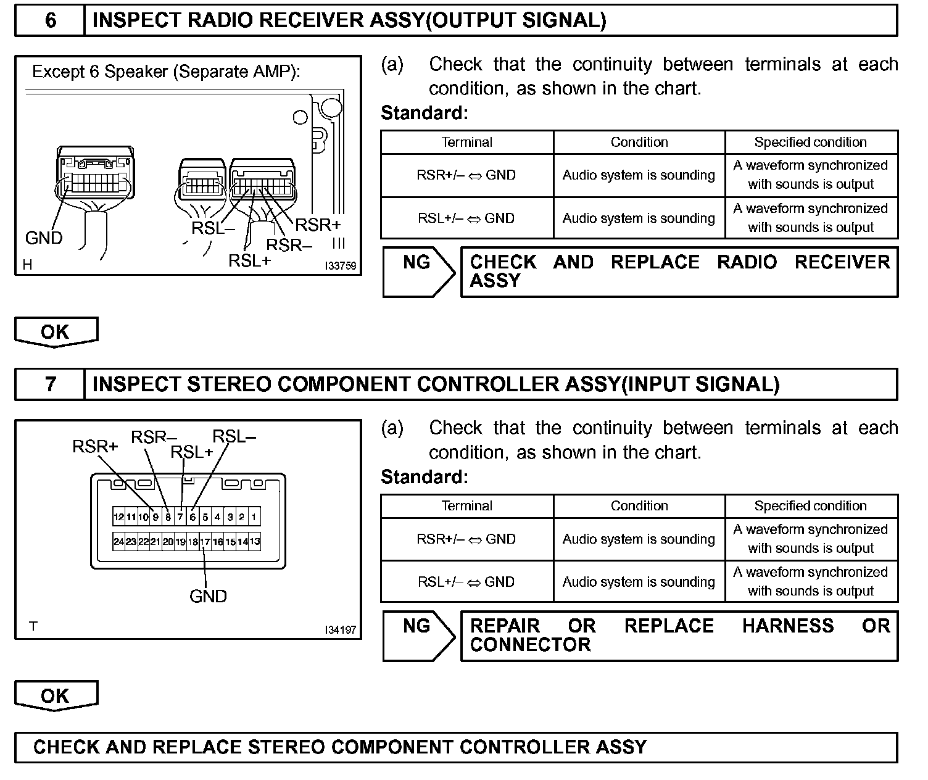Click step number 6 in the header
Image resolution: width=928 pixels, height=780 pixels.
coord(50,21)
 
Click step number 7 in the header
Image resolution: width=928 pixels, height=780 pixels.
coord(50,384)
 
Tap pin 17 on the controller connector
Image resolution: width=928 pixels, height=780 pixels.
coord(205,542)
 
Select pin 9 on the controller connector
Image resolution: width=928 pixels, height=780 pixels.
coord(155,517)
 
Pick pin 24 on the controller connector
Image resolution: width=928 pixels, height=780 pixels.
coord(118,542)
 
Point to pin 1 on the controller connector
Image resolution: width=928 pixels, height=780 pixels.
coord(254,517)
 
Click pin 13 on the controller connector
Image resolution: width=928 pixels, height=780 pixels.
coord(254,542)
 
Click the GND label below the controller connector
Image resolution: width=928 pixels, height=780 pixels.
coord(208,596)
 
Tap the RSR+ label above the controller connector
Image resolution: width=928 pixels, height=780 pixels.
coord(95,446)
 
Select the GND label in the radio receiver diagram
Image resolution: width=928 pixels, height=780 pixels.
coord(44,238)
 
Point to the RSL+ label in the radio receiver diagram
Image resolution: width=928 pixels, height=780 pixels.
coord(249,260)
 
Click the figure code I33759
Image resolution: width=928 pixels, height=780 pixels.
coord(340,266)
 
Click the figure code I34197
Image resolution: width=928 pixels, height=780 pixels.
coord(340,630)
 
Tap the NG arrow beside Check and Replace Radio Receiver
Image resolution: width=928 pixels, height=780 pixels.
coord(418,272)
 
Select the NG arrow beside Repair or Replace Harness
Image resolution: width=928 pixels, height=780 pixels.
coord(418,636)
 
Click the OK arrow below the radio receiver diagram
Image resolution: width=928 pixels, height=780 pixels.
coord(56,332)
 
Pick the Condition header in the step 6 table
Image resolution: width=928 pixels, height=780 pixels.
coord(639,142)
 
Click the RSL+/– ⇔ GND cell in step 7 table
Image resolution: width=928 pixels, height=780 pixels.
coord(466,582)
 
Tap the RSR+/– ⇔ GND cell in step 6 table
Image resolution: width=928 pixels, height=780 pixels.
coord(466,175)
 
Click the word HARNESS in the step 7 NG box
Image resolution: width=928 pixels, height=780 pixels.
coord(788,626)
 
